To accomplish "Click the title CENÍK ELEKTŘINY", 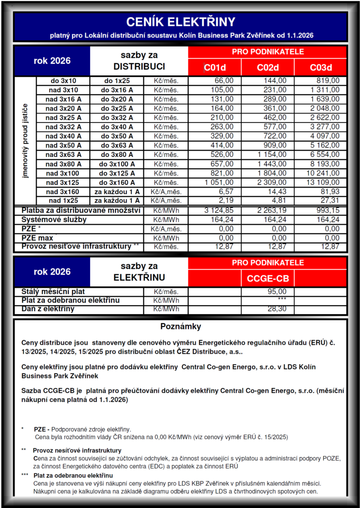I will pos(180,22).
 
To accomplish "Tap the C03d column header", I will pos(320,67).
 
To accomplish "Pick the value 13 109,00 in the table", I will pos(322,182).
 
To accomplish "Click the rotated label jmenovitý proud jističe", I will pos(25,141).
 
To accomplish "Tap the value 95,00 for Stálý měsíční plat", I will pos(277,292).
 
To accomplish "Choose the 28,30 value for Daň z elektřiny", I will pos(277,309).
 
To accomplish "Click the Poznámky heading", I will pos(180,327).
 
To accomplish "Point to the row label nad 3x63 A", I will pos(63,154).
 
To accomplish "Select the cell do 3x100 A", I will pos(117,164).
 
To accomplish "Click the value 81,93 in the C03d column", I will pos(329,191).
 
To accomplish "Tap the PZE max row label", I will pos(37,238).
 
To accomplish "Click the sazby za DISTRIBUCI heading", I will pos(139,61).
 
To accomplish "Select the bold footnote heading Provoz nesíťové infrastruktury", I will pos(74,450).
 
